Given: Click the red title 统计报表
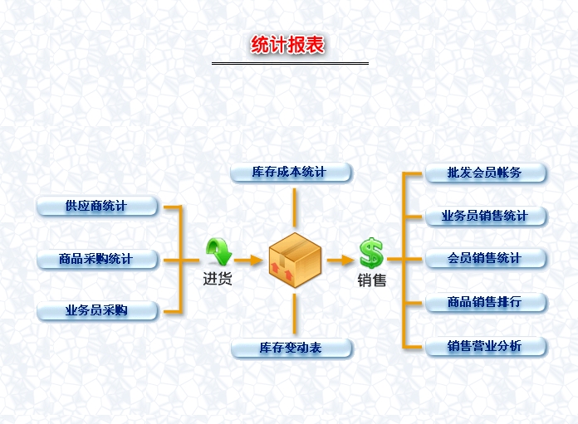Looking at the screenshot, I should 289,45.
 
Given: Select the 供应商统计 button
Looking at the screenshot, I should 96,206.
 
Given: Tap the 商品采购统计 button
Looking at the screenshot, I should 96,259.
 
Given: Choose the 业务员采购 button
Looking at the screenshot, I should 96,311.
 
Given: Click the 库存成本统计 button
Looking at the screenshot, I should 290,173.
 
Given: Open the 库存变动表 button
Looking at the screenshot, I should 290,348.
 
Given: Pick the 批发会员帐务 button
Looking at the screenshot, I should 485,173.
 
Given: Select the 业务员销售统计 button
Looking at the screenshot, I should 485,216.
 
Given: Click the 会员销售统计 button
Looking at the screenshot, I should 485,258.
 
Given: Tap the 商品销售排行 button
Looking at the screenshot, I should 485,302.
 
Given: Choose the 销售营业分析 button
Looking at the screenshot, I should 485,346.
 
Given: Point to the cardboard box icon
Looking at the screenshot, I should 295,259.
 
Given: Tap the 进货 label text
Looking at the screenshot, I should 218,280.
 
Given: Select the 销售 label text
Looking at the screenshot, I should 371,280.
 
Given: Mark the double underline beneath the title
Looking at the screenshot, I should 289,63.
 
